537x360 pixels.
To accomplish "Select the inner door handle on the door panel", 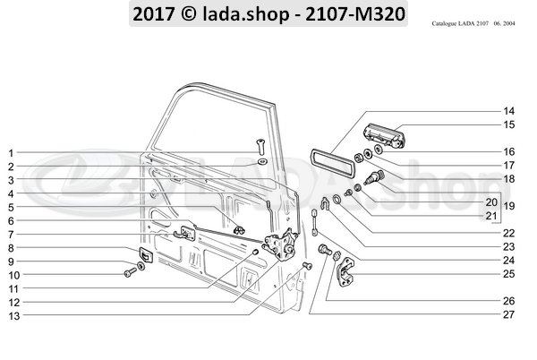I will click(x=188, y=234).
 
